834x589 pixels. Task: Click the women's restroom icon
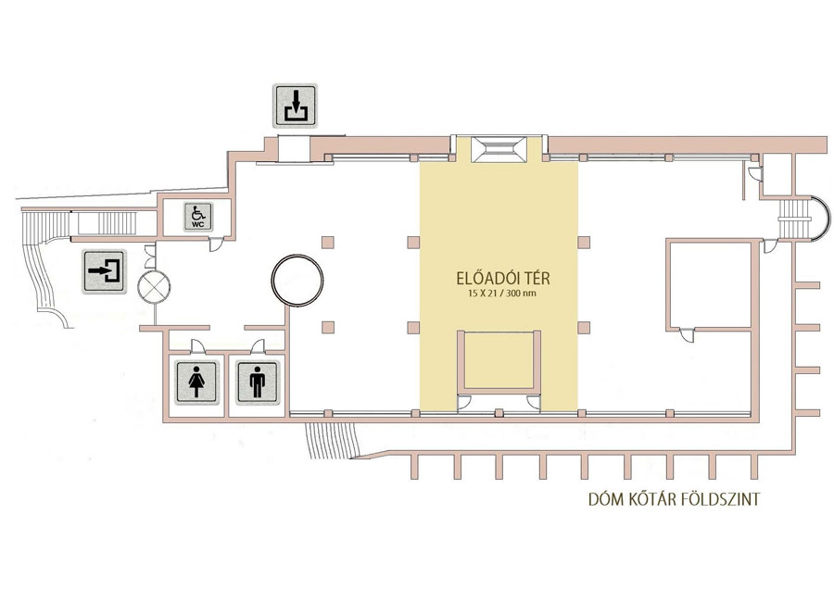coord(196,382)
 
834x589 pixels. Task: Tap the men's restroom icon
coord(258,382)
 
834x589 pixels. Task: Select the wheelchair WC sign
coord(198,217)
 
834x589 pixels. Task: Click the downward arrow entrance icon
coord(296,106)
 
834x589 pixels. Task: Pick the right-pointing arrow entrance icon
coord(104,271)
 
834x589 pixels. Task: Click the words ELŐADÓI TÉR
coord(502,278)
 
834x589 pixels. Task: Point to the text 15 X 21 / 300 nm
coord(502,294)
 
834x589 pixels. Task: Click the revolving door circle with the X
coord(154,286)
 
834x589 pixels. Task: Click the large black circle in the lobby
coord(297,281)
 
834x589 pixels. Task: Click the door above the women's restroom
coord(197,346)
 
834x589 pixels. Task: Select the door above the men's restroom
coord(258,346)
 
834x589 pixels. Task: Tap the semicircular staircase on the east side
coord(803,219)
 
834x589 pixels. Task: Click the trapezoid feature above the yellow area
coord(499,149)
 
